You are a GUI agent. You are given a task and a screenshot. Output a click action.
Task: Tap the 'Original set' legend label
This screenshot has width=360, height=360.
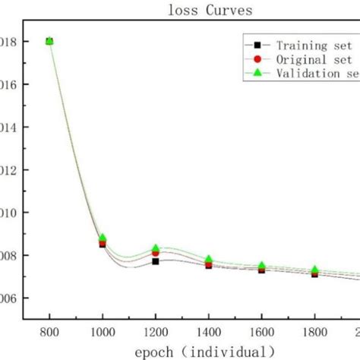click(314, 59)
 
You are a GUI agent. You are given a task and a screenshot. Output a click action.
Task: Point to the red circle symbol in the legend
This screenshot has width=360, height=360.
click(257, 59)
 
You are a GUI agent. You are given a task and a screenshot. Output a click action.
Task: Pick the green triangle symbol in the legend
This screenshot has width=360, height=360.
click(257, 73)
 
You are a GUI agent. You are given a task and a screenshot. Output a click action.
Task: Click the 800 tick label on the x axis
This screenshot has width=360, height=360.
click(49, 332)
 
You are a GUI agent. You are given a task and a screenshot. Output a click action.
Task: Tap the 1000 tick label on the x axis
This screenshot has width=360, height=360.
click(103, 332)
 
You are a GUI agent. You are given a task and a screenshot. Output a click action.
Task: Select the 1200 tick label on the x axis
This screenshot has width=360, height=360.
click(156, 332)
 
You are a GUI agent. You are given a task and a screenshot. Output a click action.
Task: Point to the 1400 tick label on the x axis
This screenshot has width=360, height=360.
click(208, 332)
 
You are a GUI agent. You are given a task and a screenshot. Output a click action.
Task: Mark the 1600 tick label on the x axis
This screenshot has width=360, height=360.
click(261, 332)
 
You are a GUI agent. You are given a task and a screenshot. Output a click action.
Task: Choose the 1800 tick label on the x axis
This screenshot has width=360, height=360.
click(314, 332)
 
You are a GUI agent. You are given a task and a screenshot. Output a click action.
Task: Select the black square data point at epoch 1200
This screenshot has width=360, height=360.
click(156, 261)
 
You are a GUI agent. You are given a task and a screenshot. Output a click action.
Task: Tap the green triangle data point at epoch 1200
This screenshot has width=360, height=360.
click(156, 248)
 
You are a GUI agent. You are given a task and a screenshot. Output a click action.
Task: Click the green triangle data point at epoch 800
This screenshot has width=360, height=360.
click(49, 40)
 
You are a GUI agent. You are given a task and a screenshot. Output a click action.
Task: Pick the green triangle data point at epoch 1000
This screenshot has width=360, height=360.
click(103, 238)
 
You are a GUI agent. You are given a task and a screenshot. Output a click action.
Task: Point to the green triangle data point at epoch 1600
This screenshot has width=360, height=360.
click(261, 266)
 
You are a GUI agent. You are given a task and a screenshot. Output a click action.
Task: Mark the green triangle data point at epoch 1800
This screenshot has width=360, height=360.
click(314, 270)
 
